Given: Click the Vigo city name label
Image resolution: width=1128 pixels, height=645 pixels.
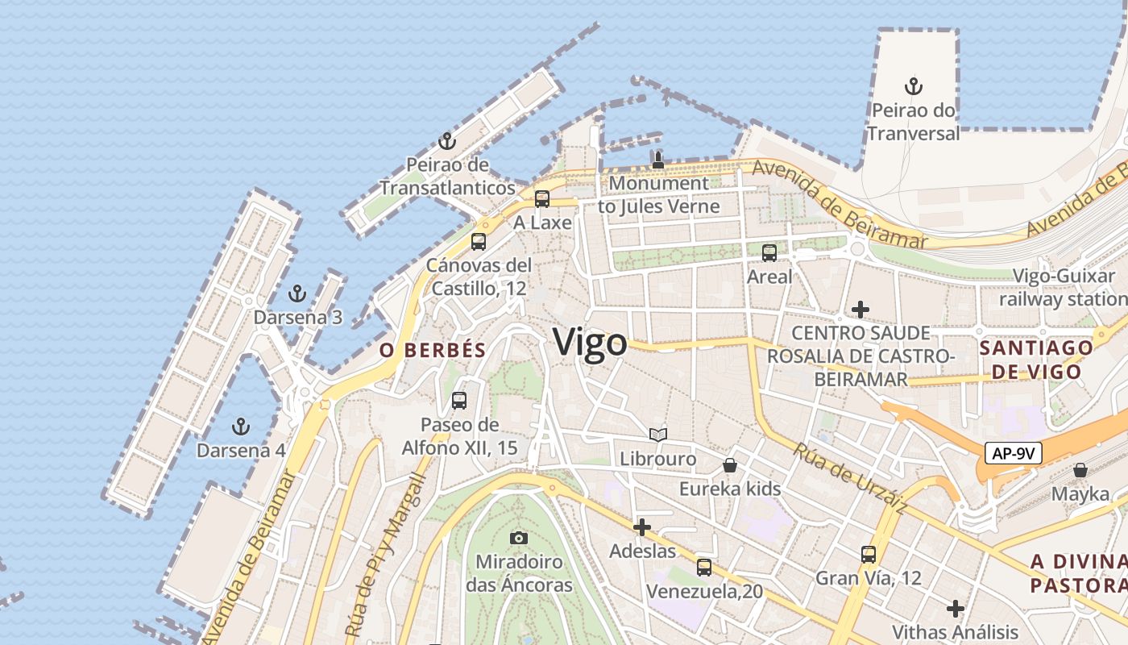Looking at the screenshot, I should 590,343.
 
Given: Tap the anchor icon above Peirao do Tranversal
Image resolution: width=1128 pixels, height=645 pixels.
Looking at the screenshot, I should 913,85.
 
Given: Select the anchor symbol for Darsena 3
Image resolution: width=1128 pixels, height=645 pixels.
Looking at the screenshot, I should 297,293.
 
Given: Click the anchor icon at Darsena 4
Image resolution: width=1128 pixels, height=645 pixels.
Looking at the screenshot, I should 240,426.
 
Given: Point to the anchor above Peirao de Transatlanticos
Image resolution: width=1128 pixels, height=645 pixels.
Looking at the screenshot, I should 447,141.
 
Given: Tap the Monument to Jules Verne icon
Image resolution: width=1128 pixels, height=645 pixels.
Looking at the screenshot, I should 658,159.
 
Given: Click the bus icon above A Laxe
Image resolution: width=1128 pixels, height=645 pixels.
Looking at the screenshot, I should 542,198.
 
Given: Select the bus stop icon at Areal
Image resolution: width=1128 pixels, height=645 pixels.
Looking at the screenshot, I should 769,252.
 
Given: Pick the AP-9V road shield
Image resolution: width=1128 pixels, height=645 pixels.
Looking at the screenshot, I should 1013,453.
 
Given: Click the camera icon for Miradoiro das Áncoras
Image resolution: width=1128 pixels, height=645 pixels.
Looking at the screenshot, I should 519,537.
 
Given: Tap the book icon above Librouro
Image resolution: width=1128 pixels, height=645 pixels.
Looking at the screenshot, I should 658,435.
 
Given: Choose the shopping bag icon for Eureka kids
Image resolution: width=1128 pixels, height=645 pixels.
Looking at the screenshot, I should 730,465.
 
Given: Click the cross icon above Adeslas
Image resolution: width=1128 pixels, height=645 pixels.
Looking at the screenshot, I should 642,527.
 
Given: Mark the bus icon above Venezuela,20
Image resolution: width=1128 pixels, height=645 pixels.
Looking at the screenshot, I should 704,567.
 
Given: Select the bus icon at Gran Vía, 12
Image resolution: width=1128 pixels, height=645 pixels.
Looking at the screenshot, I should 868,554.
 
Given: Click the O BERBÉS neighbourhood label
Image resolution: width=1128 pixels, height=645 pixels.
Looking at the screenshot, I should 433,350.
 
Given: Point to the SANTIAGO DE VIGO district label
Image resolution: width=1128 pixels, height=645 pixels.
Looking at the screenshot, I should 1036,360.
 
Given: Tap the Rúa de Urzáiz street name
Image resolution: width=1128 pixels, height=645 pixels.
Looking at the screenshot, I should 849,479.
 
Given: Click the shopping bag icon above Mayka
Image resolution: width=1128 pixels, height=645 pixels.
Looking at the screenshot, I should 1080,469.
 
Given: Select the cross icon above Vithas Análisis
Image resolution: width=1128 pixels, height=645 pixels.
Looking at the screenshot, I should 956,608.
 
